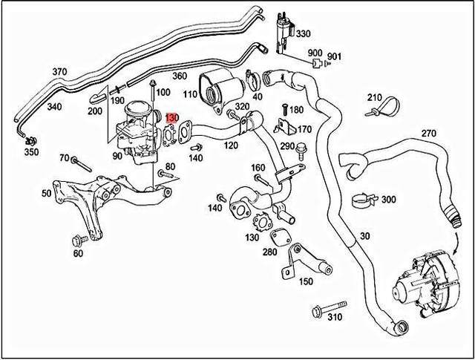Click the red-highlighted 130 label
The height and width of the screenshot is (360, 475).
coord(171,118)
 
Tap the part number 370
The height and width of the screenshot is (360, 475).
coord(59,72)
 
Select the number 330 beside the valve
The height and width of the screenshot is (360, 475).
coord(304,34)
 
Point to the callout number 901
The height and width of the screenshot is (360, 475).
coord(334,56)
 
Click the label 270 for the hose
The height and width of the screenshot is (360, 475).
coord(428,133)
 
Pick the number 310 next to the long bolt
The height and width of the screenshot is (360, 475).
coord(335,318)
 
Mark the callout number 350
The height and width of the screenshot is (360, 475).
coord(30,152)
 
